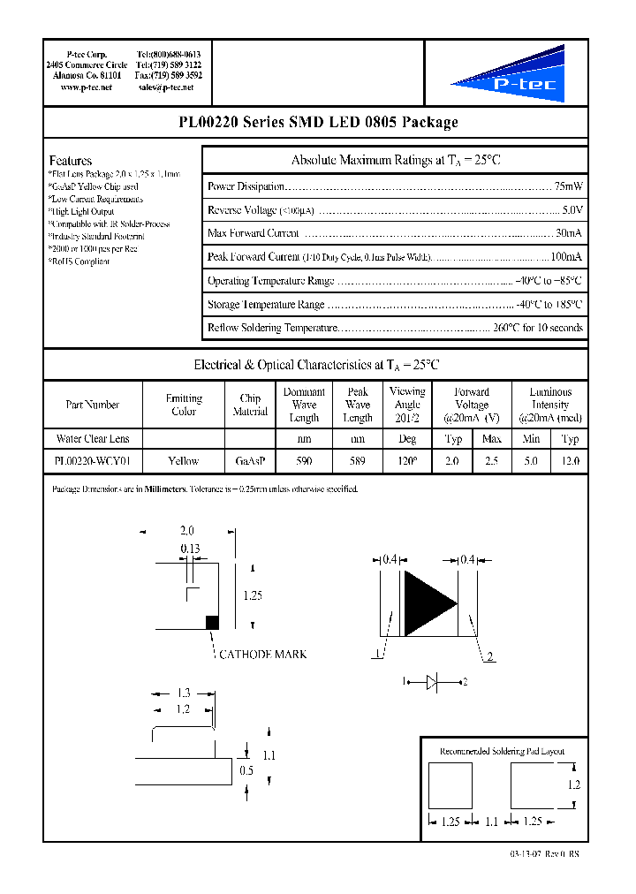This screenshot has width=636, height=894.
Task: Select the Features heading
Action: (x=70, y=161)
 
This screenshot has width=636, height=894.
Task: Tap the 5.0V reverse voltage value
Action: (x=572, y=210)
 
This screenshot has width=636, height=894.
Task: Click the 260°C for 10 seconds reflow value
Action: (x=538, y=328)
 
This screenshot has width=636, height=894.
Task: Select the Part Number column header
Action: (x=92, y=405)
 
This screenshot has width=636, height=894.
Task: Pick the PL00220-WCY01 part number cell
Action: (x=92, y=460)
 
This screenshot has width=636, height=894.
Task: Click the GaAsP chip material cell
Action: (x=250, y=460)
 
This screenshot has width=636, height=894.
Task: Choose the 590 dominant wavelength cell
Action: (x=304, y=460)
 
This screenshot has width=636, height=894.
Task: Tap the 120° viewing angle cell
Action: (x=406, y=460)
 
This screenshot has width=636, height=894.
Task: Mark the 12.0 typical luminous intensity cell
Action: (x=570, y=460)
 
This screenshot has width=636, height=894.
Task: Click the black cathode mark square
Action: (x=212, y=622)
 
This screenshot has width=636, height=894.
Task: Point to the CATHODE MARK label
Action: (x=263, y=654)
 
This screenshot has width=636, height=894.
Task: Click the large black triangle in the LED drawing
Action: (x=428, y=602)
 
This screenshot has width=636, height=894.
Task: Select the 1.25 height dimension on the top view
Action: (x=252, y=595)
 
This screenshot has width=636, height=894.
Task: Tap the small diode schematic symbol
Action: (x=433, y=681)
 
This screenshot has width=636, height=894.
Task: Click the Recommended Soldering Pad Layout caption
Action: (x=502, y=751)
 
